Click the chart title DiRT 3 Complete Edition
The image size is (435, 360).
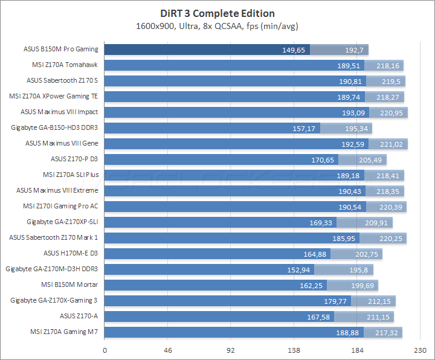pyautogui.click(x=217, y=13)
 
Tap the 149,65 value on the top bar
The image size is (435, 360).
pyautogui.click(x=294, y=50)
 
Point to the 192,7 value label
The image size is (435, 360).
pyautogui.click(x=354, y=50)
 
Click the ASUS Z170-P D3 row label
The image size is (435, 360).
pyautogui.click(x=74, y=159)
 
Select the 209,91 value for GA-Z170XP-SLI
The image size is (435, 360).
pyautogui.click(x=379, y=222)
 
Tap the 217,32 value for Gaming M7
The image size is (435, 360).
pyautogui.click(x=388, y=332)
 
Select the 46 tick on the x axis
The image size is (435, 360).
pyautogui.click(x=168, y=350)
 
